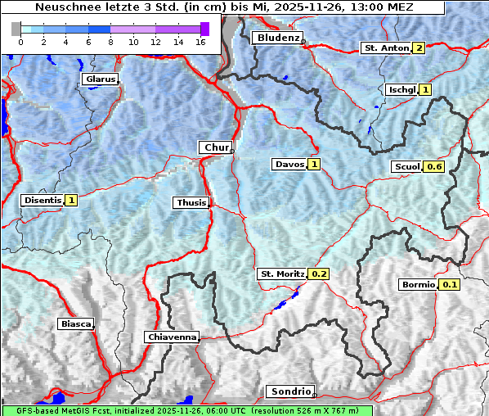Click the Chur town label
tap(216, 147)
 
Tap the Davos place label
tap(289, 165)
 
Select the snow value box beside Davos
tap(314, 165)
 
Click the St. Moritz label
tap(281, 274)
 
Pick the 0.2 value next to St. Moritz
tap(318, 274)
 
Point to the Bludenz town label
tap(276, 38)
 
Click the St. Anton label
tap(385, 47)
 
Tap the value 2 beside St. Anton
tap(419, 47)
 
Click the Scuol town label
tap(406, 167)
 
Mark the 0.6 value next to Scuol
tap(434, 167)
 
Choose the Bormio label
tap(418, 285)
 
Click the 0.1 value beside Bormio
tap(450, 285)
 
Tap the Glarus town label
tap(99, 79)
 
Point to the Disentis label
tap(43, 200)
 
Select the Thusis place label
tap(191, 202)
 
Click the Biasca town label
tap(75, 323)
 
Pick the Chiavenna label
tap(172, 337)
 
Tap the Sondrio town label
tap(289, 391)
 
